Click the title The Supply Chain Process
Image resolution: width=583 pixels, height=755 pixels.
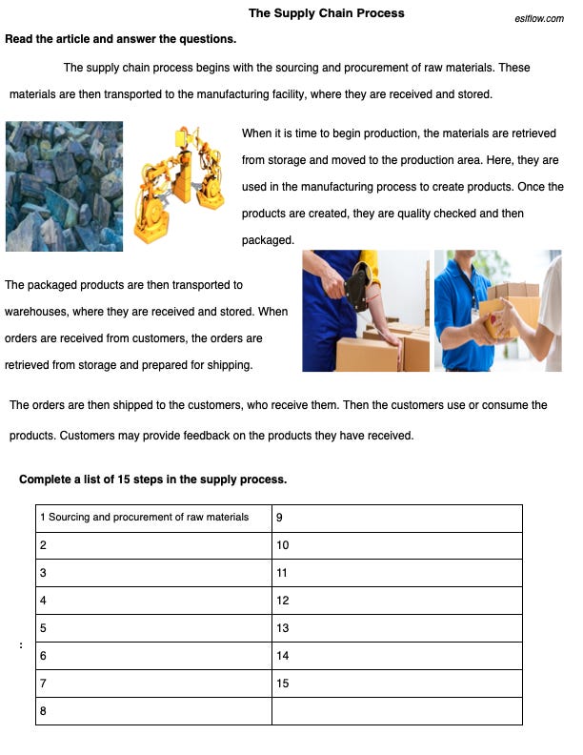click(x=326, y=13)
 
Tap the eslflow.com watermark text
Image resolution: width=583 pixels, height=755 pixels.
click(x=538, y=18)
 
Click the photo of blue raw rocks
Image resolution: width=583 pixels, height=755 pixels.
click(x=64, y=186)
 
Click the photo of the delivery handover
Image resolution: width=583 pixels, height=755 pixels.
click(x=497, y=311)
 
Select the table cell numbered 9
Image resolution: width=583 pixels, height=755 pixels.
click(x=396, y=518)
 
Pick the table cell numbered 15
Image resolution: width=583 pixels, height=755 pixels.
click(x=396, y=684)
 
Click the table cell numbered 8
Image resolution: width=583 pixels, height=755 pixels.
click(x=153, y=711)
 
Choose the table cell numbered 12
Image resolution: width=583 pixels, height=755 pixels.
click(x=396, y=601)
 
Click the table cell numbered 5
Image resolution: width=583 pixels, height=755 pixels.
click(x=153, y=628)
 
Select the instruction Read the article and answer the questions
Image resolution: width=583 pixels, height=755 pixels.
click(x=121, y=39)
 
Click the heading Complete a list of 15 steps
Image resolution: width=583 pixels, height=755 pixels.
click(x=152, y=479)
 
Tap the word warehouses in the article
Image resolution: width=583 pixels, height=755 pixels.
click(x=37, y=312)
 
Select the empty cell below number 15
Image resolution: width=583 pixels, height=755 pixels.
click(x=396, y=711)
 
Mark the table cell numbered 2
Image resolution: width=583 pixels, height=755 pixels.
click(x=153, y=545)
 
